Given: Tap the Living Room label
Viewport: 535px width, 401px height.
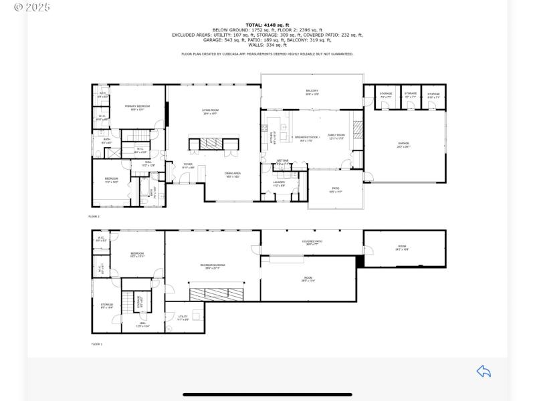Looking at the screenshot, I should tap(211, 111).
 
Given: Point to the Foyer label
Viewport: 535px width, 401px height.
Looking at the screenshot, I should tap(188, 164).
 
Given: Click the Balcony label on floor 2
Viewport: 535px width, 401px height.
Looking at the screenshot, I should tap(312, 92).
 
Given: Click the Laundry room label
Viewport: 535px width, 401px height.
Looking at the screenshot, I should tap(279, 182).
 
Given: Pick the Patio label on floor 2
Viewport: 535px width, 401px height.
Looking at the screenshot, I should tap(336, 190).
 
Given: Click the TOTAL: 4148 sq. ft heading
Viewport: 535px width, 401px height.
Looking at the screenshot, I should tap(267, 25).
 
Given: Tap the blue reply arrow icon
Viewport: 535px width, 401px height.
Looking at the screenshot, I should tap(484, 372).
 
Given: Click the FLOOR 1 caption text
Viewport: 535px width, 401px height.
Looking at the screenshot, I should tap(96, 344).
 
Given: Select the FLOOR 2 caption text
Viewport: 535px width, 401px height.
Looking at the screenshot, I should tap(94, 217).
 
